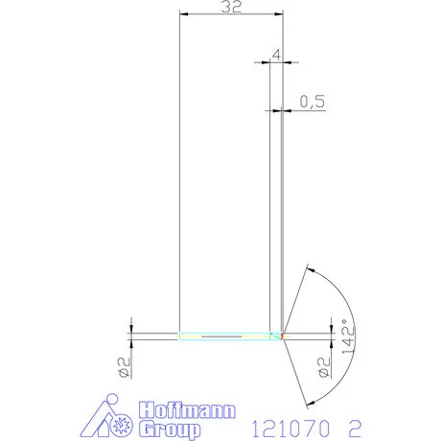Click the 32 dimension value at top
pyautogui.click(x=230, y=8)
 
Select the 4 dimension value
pyautogui.click(x=276, y=56)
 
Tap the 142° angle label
pyautogui.click(x=349, y=337)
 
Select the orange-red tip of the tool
pyautogui.click(x=281, y=337)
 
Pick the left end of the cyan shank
pyautogui.click(x=181, y=337)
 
